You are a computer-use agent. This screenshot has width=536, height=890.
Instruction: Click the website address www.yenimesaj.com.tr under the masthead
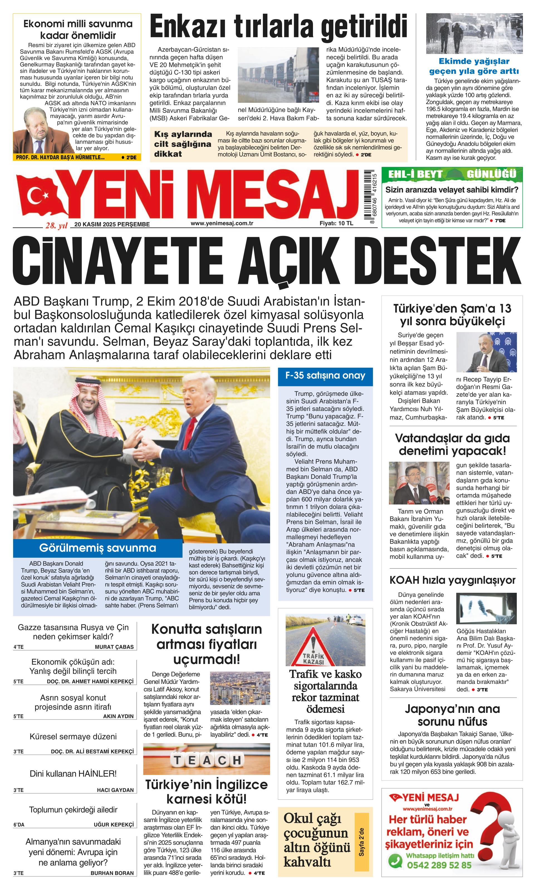(x=222, y=223)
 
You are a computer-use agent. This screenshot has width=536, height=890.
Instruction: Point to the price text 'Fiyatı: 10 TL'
(x=336, y=223)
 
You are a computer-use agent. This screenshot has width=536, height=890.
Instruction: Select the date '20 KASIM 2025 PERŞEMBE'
(x=112, y=224)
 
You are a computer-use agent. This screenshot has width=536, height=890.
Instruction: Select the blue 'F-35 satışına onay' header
(x=325, y=376)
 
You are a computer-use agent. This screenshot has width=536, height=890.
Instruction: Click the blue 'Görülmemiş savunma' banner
(x=97, y=548)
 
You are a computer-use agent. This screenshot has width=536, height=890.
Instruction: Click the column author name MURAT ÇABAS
(x=114, y=647)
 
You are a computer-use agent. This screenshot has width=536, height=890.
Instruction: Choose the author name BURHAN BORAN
(x=112, y=880)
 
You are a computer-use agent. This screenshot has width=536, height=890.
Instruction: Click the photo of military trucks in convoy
(x=278, y=75)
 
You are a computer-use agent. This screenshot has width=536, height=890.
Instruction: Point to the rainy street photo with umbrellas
(x=474, y=34)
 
